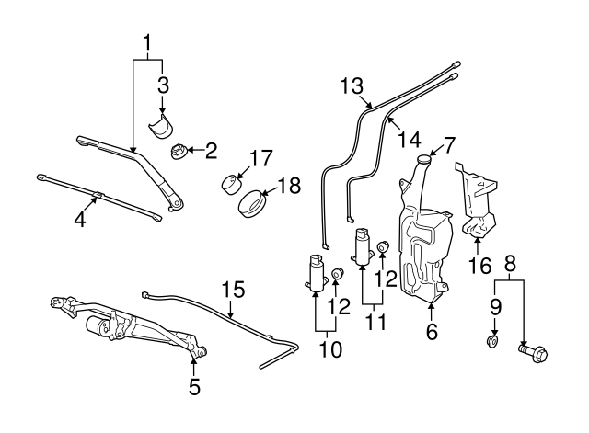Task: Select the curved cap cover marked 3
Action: tap(163, 125)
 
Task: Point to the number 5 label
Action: tap(194, 387)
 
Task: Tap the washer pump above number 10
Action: tap(318, 273)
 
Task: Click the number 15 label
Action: tap(234, 291)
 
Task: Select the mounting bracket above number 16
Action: tap(476, 202)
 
